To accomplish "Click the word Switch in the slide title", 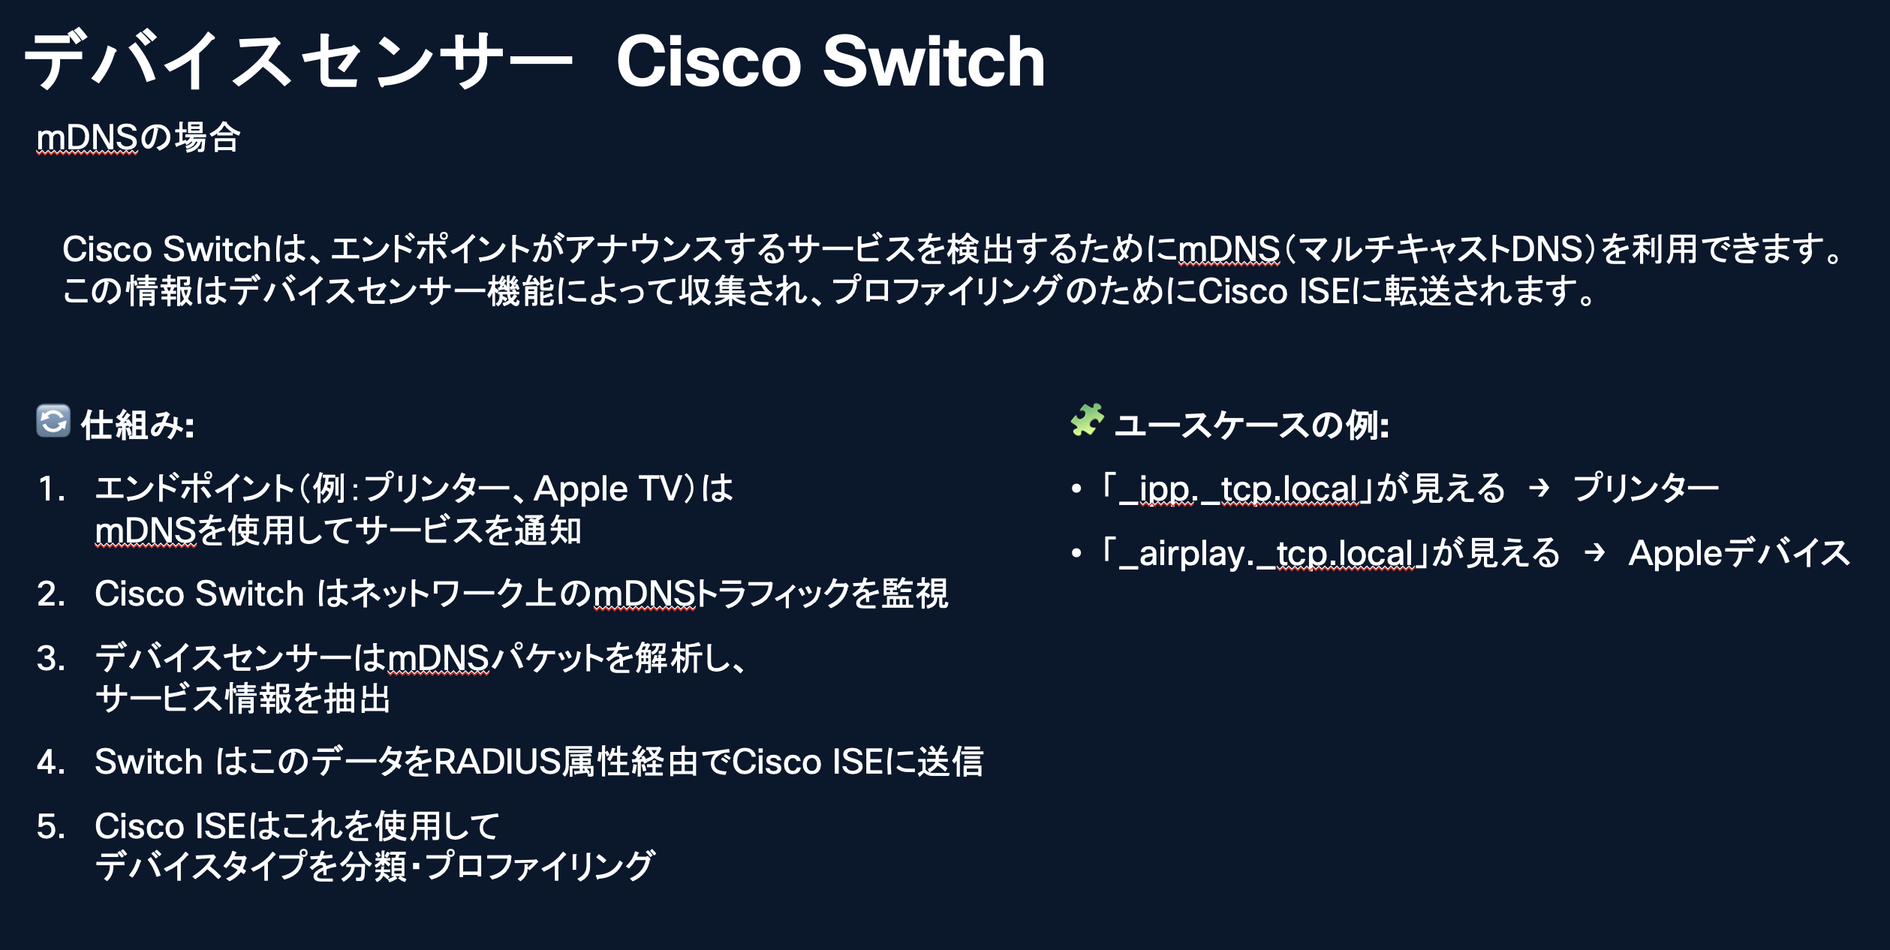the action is (934, 62).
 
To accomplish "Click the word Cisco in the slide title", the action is (709, 62).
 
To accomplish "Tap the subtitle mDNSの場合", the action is (138, 138).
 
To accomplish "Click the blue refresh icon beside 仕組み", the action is (53, 421).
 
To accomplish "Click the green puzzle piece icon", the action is (1088, 419).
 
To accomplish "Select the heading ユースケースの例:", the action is (1252, 425).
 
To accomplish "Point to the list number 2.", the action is (51, 594).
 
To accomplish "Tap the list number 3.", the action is (51, 659).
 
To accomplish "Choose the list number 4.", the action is (51, 762).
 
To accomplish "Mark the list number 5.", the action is (51, 827).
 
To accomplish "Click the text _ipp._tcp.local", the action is (1238, 489).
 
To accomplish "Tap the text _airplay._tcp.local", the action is (1266, 554).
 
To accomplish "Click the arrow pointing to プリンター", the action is (1539, 489).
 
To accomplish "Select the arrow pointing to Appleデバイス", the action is (1594, 553).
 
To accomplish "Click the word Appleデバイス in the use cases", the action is (1739, 554).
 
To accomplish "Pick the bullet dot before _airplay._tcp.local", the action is (1077, 554).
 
